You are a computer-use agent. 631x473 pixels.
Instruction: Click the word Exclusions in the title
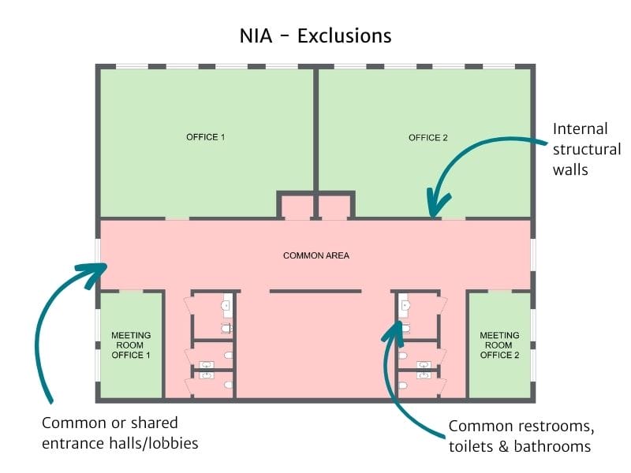344,36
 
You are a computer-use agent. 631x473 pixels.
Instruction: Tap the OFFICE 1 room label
206,137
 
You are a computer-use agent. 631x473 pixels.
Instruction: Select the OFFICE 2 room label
428,138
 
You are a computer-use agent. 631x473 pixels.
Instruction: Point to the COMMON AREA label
315,255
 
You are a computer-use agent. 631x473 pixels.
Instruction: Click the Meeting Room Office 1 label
131,345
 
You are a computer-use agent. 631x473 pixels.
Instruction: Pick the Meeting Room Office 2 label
500,345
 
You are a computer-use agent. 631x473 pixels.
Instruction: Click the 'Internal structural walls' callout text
586,149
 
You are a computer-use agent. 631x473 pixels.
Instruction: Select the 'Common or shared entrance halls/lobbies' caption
119,433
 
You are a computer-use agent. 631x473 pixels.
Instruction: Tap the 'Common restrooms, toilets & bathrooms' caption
520,436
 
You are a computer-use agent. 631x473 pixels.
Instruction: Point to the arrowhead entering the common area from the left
100,268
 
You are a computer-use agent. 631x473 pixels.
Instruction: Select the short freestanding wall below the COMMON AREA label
315,291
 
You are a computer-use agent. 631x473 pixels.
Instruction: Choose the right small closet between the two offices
334,207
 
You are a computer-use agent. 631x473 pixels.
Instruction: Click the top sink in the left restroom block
227,304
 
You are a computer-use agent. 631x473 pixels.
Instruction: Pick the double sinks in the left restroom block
207,371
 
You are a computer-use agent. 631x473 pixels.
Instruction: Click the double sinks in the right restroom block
424,371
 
